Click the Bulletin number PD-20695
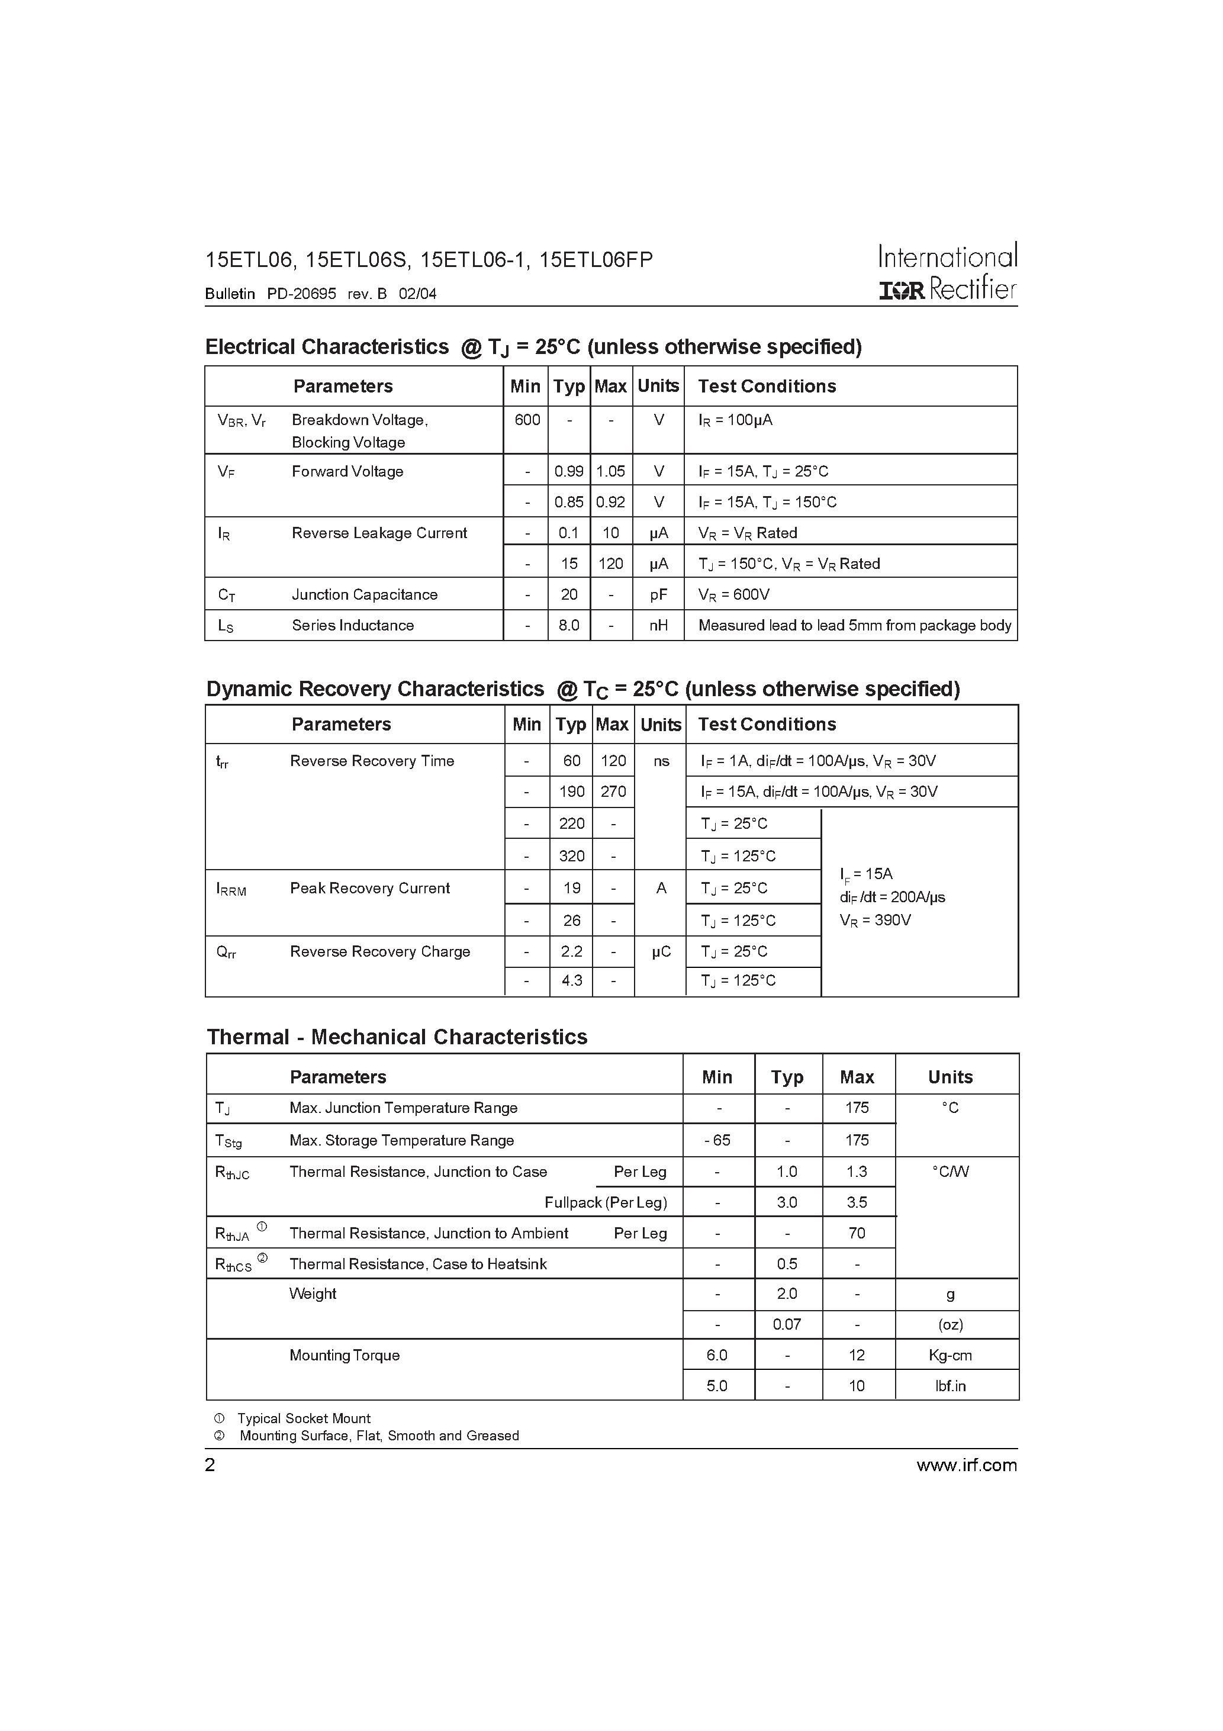pyautogui.click(x=301, y=294)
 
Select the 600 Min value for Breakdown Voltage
pyautogui.click(x=526, y=420)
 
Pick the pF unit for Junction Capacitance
pyautogui.click(x=658, y=594)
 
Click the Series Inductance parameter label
pyautogui.click(x=352, y=625)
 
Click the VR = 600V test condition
pyautogui.click(x=733, y=594)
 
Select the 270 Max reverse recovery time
pyautogui.click(x=613, y=792)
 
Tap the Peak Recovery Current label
pyautogui.click(x=369, y=888)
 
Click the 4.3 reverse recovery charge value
pyautogui.click(x=571, y=980)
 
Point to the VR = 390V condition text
pyautogui.click(x=875, y=921)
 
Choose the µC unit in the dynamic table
pyautogui.click(x=661, y=951)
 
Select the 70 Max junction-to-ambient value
pyautogui.click(x=857, y=1233)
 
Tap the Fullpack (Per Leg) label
pyautogui.click(x=606, y=1202)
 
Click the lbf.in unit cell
pyautogui.click(x=950, y=1386)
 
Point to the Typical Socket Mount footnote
pyautogui.click(x=303, y=1418)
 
